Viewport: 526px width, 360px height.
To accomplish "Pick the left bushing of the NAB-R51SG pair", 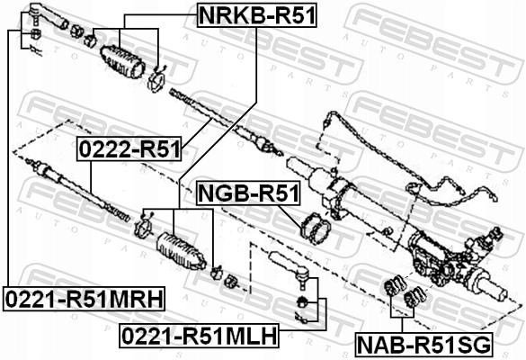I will pos(394,291).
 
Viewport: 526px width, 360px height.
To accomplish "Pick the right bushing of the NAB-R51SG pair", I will pos(416,297).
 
